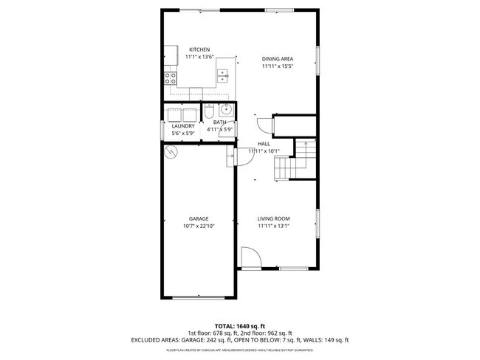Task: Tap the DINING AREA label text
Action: click(277, 58)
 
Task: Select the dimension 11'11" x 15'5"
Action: click(277, 66)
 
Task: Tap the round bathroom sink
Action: click(224, 112)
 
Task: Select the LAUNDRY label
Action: click(182, 126)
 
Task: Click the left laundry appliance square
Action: click(176, 114)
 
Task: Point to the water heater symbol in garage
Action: click(171, 152)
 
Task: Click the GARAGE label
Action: click(198, 218)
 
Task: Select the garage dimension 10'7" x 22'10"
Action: click(198, 226)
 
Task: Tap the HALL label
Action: click(264, 143)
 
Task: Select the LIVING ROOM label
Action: click(274, 218)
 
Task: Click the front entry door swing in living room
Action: click(250, 258)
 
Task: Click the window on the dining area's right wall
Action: click(318, 58)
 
